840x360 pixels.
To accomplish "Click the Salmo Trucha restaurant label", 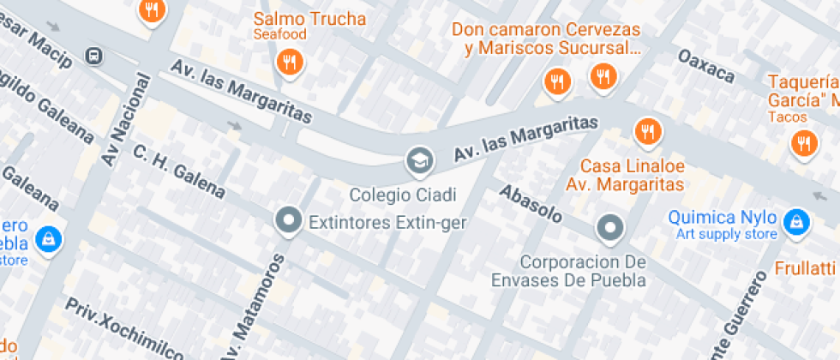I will pos(309,20).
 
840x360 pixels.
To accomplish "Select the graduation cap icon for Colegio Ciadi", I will pos(419,159).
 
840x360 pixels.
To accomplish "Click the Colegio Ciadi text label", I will pos(403,195).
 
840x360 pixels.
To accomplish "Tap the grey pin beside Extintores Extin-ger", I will pos(289,221).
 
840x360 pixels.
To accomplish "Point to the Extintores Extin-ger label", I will pos(387,224).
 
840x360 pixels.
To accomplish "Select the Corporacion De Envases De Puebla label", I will pos(569,270).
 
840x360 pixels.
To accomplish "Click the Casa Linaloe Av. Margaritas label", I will pos(632,174).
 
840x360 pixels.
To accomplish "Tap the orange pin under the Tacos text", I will pos(804,142).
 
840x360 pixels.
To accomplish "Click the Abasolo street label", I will pos(531,204).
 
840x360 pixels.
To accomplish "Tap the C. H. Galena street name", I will pos(178,171).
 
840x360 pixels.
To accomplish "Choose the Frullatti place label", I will pos(806,267).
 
